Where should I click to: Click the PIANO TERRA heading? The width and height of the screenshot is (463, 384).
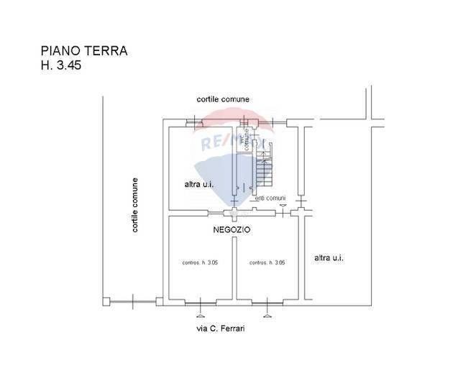(x=83, y=51)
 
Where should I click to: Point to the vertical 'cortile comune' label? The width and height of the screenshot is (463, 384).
(x=134, y=206)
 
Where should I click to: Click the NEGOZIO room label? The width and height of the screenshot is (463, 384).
(x=232, y=230)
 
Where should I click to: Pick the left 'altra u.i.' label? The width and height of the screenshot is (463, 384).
(x=199, y=185)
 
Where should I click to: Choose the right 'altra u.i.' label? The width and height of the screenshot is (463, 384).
(x=329, y=257)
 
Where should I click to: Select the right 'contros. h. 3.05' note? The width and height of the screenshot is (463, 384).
(x=267, y=262)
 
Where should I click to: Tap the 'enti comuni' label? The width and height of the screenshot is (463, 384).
(x=271, y=198)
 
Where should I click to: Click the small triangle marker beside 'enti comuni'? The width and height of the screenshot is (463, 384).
(x=283, y=206)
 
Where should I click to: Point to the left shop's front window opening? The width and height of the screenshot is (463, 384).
(x=200, y=301)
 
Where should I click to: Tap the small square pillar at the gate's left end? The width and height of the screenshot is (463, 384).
(x=106, y=301)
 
